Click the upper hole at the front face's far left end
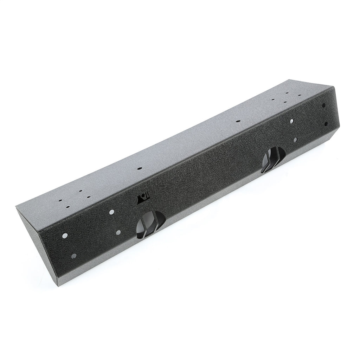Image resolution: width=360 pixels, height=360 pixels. (x=65, y=235)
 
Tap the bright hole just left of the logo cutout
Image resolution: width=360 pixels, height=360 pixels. (x=112, y=212)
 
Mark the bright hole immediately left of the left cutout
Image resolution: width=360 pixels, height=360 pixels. (x=118, y=232)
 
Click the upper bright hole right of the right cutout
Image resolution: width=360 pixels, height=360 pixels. (x=292, y=121)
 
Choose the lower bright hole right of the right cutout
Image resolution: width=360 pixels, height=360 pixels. (x=295, y=140)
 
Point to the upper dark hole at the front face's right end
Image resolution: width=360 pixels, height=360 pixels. (x=324, y=104)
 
